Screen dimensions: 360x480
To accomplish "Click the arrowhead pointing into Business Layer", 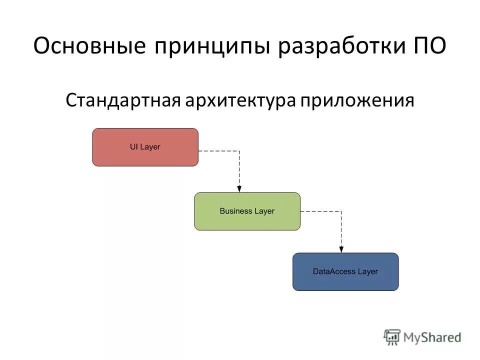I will [x=239, y=189].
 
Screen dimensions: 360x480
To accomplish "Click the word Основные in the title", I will [x=89, y=47].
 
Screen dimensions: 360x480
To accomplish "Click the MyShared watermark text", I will [x=432, y=337].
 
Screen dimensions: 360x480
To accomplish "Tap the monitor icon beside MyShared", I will [x=392, y=337].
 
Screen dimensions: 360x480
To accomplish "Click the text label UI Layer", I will [x=145, y=147].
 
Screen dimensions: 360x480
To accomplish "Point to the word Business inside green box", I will [x=236, y=211].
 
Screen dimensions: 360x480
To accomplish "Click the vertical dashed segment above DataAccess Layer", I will [x=341, y=230].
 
